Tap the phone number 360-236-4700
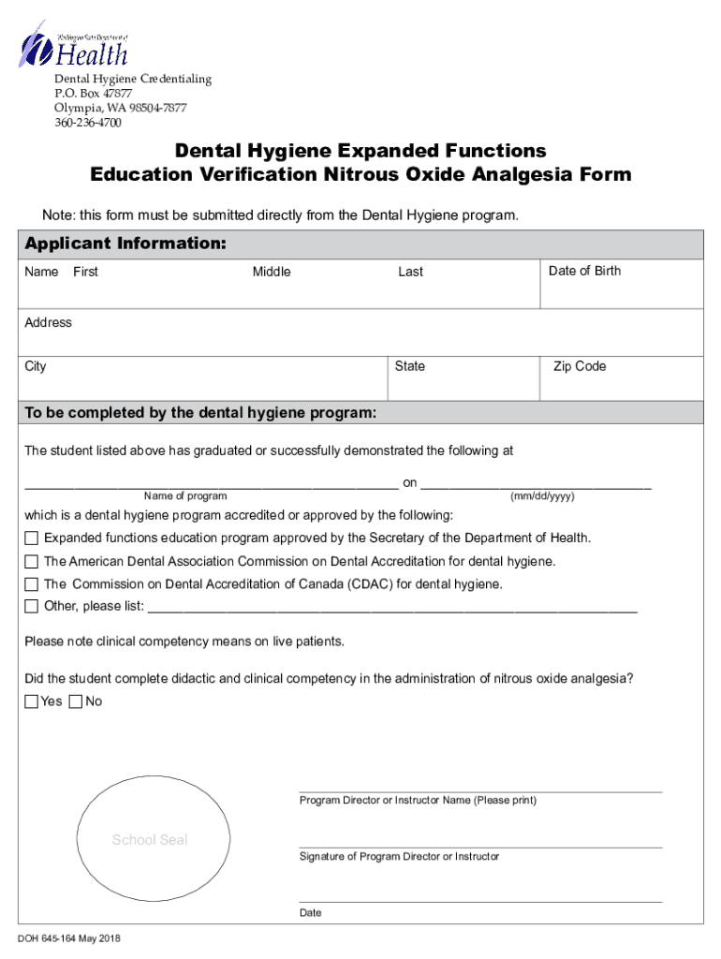pos(87,123)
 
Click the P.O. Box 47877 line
pos(93,94)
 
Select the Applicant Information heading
pos(125,244)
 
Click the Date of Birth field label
pos(584,271)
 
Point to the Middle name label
pos(272,272)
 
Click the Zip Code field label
pos(580,366)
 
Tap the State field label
pos(409,366)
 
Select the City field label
pos(36,366)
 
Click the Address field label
pos(49,322)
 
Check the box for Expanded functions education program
pos(32,539)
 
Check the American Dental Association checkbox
pos(32,562)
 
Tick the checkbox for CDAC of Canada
pos(32,584)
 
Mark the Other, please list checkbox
pos(32,606)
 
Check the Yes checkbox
pos(32,701)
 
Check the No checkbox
pos(76,701)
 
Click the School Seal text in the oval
pos(150,840)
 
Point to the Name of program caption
pos(185,495)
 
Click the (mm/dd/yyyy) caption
pos(542,495)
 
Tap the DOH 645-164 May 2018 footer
pos(68,939)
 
